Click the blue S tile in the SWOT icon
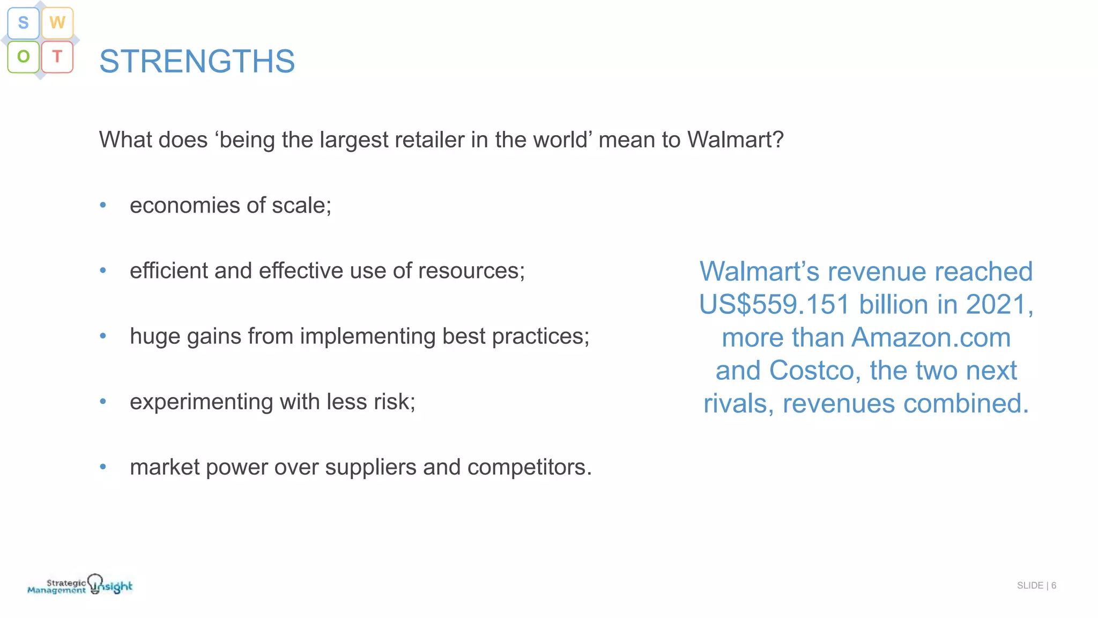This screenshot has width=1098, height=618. (x=23, y=23)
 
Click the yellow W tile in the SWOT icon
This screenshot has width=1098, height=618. (x=57, y=23)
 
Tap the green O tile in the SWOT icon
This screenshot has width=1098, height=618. (x=23, y=56)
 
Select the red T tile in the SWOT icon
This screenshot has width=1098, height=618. (x=57, y=56)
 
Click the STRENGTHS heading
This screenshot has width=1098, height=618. (x=197, y=61)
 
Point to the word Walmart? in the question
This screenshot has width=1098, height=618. (x=735, y=140)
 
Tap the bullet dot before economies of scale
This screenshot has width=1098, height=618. (x=103, y=205)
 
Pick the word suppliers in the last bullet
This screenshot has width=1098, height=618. (x=370, y=468)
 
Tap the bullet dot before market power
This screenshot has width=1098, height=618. (x=103, y=467)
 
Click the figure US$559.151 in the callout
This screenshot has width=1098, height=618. (x=774, y=305)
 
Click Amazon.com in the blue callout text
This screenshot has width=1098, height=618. (x=931, y=338)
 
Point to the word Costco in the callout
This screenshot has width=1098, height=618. (x=811, y=371)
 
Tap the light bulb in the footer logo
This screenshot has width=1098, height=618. (x=95, y=583)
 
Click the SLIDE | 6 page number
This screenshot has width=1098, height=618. (x=1036, y=585)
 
